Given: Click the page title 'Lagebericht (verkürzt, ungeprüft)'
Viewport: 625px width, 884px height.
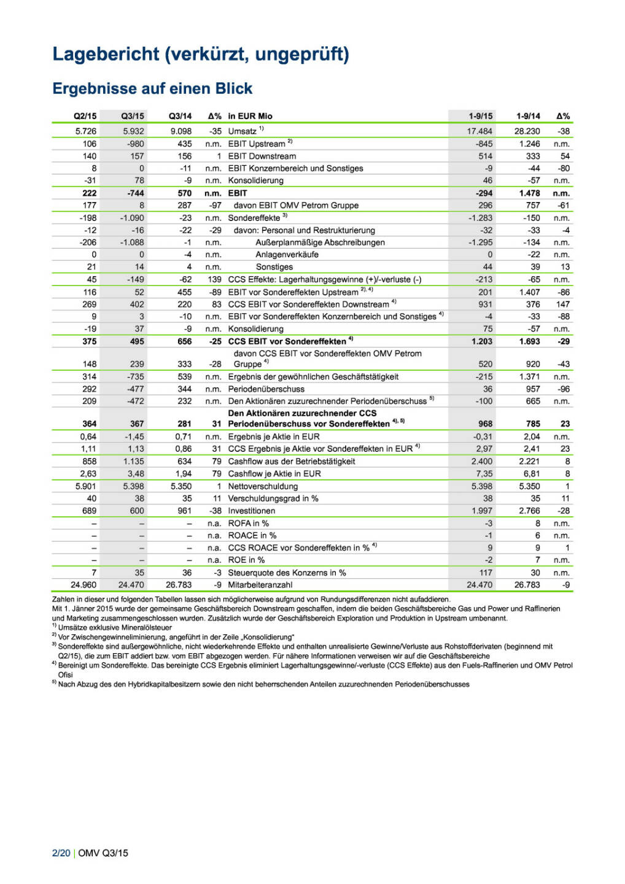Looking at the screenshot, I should tap(201, 54).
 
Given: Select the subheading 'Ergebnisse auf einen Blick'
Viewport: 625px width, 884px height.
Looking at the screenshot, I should tap(152, 88).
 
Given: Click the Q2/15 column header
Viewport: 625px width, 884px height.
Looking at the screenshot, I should tap(85, 116).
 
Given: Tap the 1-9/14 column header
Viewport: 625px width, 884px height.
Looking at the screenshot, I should tap(528, 116).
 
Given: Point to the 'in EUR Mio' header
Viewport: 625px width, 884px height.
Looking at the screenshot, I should tap(250, 116).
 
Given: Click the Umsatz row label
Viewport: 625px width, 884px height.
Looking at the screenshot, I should tap(243, 131).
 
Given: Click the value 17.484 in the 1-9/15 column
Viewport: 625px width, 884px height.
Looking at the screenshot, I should tap(479, 131).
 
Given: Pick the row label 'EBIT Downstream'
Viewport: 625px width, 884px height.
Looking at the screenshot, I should tap(262, 156).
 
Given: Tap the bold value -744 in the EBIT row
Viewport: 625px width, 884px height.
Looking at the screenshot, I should tap(135, 193).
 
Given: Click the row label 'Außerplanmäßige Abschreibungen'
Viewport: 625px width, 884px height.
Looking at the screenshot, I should tap(320, 242).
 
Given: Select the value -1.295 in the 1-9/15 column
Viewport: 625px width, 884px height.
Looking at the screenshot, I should tap(480, 242).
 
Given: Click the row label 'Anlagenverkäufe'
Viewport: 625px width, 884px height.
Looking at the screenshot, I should tap(287, 255).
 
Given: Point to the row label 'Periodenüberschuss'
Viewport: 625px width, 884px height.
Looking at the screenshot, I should tap(266, 389).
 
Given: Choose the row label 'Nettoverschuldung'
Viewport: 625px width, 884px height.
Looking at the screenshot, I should tap(263, 486).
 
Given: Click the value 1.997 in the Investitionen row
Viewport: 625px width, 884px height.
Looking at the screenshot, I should tap(481, 511).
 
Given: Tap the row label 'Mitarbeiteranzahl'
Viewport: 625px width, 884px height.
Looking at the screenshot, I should tap(260, 585).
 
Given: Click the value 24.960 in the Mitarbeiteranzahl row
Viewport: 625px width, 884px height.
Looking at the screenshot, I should tap(83, 585).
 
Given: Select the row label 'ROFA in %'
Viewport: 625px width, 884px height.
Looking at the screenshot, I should tap(248, 524).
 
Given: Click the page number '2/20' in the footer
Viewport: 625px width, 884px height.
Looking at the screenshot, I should tap(61, 853).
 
